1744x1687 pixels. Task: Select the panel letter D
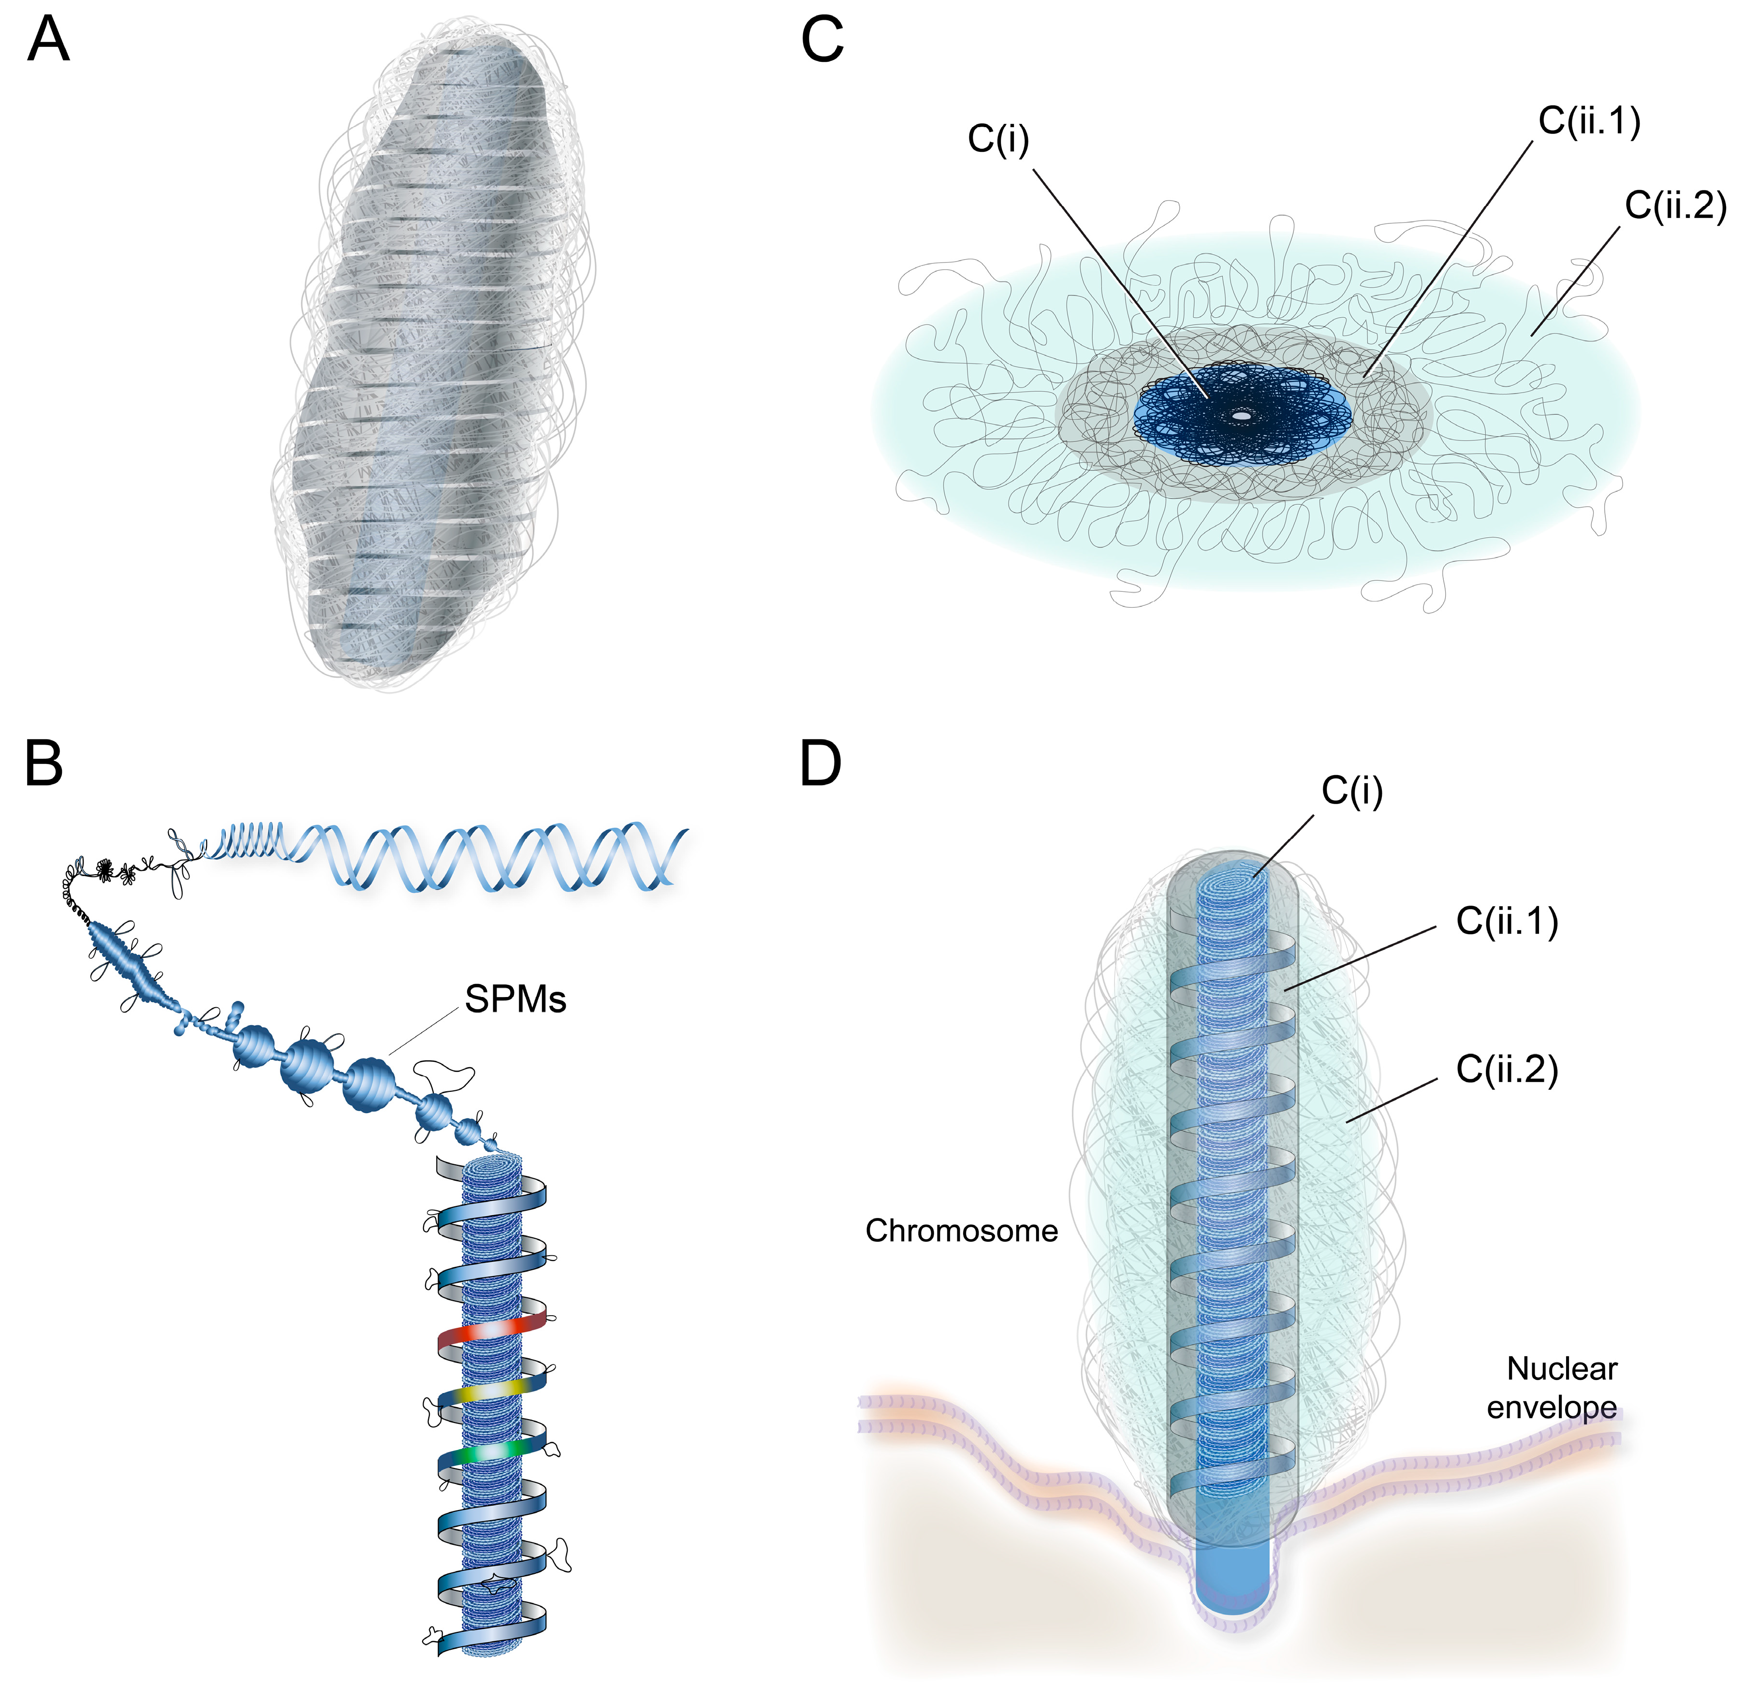[x=821, y=763]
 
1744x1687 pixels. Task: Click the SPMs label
[x=515, y=1000]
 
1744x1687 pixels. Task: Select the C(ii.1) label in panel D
[x=1507, y=922]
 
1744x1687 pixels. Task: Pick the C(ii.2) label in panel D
[x=1507, y=1070]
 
